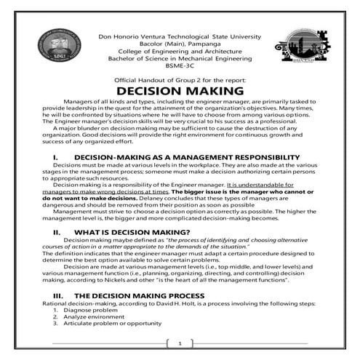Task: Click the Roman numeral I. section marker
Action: click(x=55, y=157)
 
